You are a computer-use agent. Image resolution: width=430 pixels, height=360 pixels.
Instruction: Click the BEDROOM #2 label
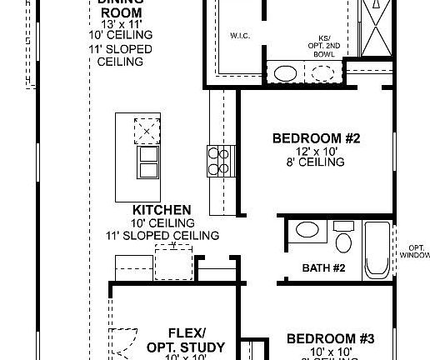coord(316,137)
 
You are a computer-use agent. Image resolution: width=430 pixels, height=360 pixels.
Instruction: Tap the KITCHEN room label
coord(162,210)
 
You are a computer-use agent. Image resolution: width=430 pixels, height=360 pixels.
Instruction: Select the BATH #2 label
coord(323,267)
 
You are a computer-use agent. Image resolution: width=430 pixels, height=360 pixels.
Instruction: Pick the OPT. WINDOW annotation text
coord(417,252)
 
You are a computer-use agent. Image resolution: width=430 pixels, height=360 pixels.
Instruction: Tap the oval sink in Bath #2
coord(304,232)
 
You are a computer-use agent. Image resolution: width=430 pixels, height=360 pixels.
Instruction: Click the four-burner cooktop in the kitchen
coord(217,161)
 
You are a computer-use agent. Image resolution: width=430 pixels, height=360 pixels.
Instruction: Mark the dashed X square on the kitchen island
coord(147,131)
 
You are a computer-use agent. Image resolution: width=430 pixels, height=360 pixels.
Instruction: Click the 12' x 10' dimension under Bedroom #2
coord(316,151)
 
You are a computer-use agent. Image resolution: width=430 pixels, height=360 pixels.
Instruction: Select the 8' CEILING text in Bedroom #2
coord(316,163)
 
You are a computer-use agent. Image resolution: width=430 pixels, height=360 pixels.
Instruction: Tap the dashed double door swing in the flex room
coord(122,337)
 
